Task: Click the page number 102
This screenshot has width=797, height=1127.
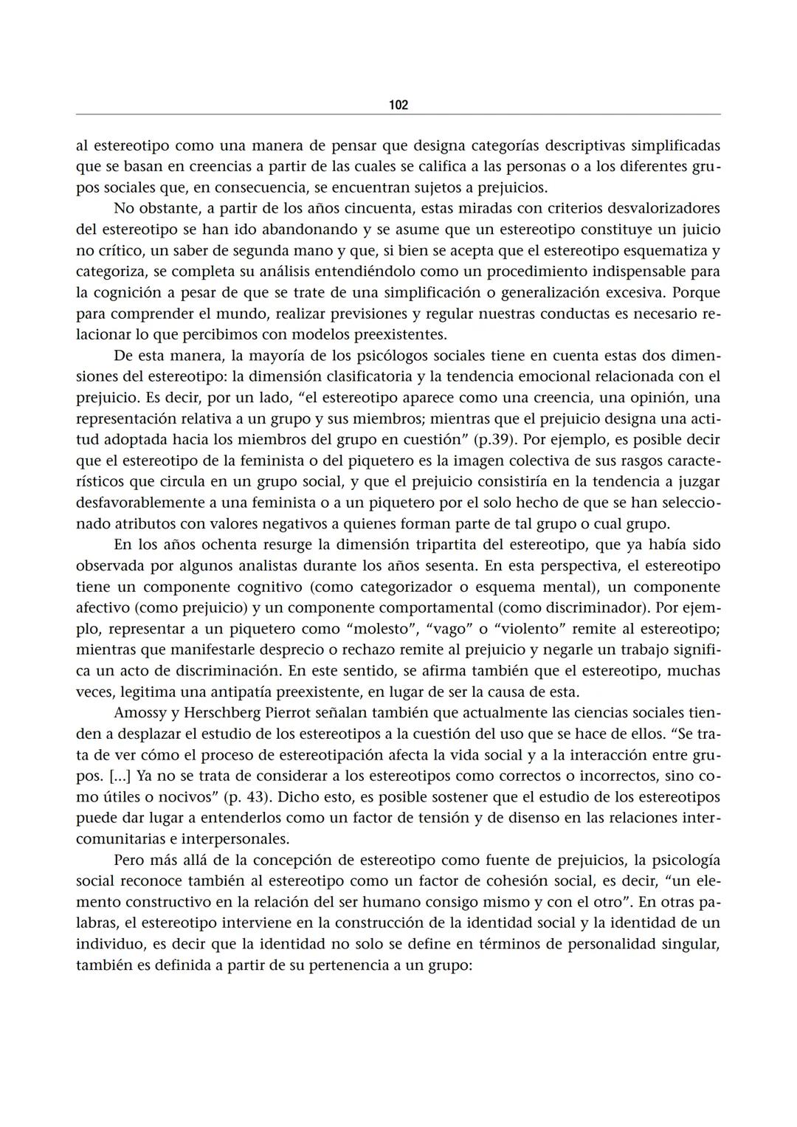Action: (398, 106)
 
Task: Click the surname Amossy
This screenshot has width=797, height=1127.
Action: (141, 714)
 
